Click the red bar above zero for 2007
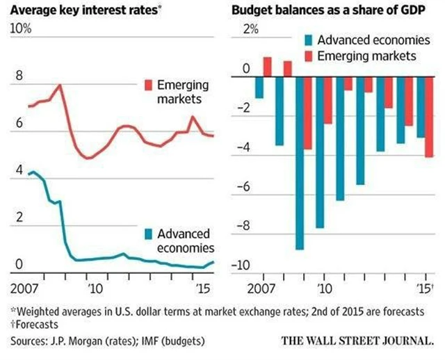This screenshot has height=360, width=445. point(267,67)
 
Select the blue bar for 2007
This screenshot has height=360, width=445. point(259,87)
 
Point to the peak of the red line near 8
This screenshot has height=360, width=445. point(60,85)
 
